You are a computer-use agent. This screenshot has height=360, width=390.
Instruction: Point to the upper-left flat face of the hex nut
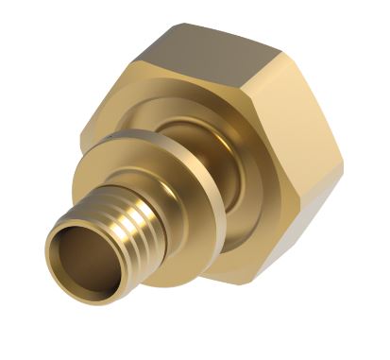[x=104, y=104]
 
